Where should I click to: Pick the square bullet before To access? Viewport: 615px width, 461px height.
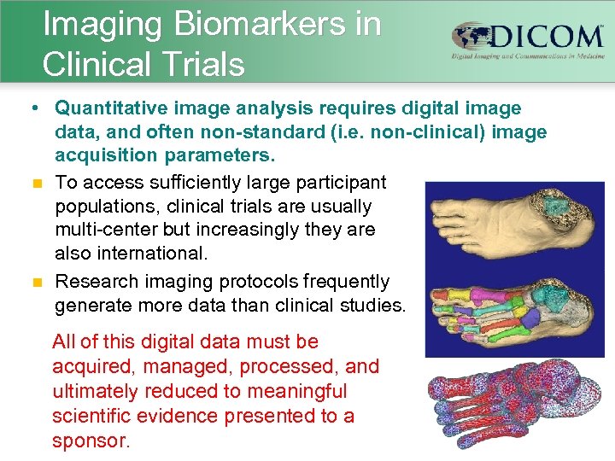pos(34,183)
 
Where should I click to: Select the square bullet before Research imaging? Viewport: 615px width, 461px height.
pos(34,282)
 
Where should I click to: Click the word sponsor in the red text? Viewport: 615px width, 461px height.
pos(90,441)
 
